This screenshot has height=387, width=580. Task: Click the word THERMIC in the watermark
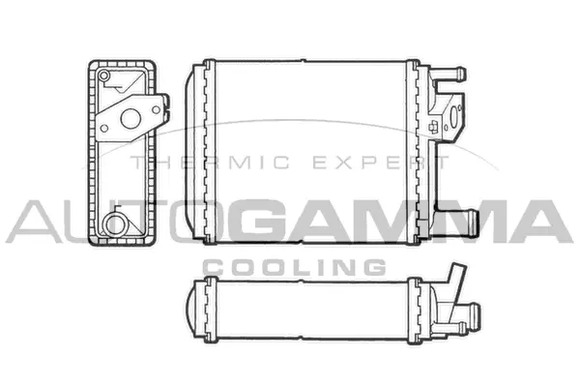[179, 164]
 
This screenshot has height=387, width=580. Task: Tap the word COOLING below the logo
[294, 266]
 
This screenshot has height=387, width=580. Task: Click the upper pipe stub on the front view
[452, 74]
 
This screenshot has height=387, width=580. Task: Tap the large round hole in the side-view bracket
[127, 120]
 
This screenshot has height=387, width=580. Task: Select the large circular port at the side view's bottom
[115, 224]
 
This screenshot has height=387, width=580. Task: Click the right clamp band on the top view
[413, 310]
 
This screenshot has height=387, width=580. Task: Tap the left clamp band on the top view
[207, 310]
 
